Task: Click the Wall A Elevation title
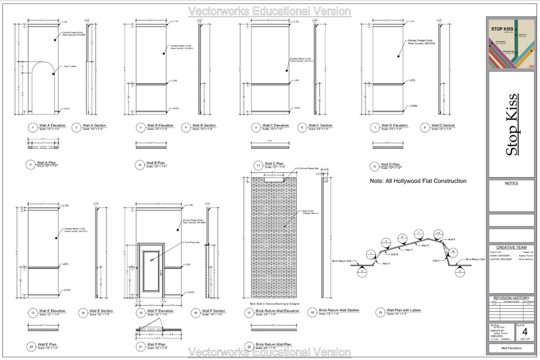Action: pyautogui.click(x=51, y=125)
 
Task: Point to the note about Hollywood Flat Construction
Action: pyautogui.click(x=418, y=181)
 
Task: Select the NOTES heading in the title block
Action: pyautogui.click(x=510, y=183)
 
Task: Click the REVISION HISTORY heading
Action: pyautogui.click(x=510, y=299)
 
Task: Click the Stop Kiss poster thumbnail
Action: pyautogui.click(x=510, y=44)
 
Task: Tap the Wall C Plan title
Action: pyautogui.click(x=270, y=163)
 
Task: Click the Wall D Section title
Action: pyautogui.click(x=441, y=125)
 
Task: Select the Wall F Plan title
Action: pyautogui.click(x=157, y=344)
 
